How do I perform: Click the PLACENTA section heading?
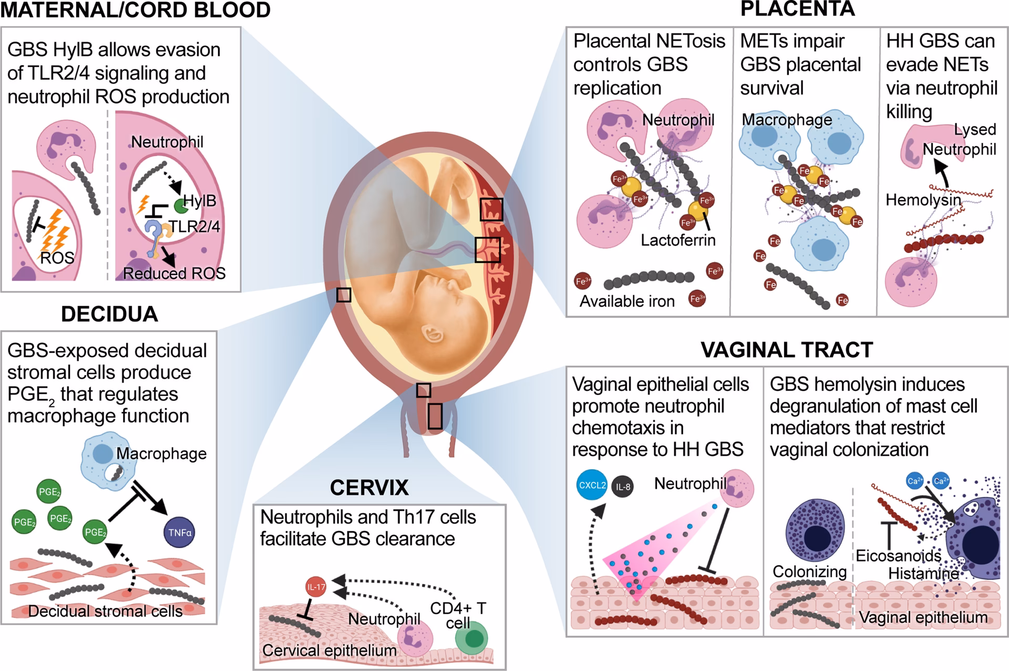point(797,9)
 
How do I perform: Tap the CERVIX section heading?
point(369,488)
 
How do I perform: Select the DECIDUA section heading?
point(109,314)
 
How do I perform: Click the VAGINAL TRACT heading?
point(787,350)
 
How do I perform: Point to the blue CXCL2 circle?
point(592,485)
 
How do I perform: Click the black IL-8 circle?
point(623,487)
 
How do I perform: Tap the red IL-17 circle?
point(316,587)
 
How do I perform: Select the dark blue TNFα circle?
point(180,532)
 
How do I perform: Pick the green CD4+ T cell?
point(471,638)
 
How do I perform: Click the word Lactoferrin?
point(678,240)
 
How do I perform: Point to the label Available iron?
point(627,301)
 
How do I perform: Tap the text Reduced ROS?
point(174,274)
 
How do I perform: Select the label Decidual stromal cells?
point(105,611)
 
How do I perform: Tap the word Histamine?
point(923,573)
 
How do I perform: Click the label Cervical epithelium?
point(329,651)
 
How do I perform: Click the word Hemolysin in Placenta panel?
point(923,200)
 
